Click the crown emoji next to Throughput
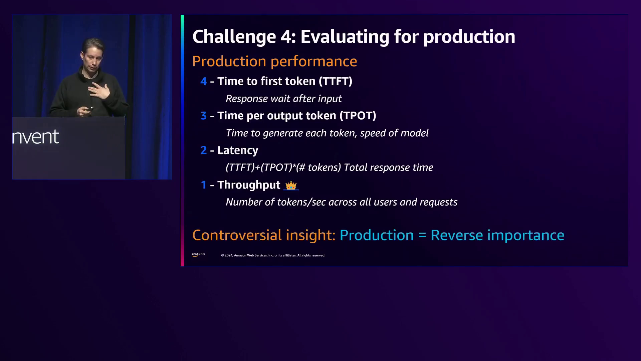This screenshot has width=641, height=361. [x=291, y=186]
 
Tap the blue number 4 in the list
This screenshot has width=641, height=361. [x=204, y=81]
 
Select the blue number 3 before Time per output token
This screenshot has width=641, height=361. [x=204, y=116]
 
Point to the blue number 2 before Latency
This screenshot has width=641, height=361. [x=204, y=150]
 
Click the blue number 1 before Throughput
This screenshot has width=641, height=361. [x=204, y=185]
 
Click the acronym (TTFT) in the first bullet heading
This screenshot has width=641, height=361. [x=336, y=81]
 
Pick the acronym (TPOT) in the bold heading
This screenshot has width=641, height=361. [x=358, y=116]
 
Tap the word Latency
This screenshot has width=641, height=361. [x=238, y=150]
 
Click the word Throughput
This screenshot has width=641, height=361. [x=249, y=185]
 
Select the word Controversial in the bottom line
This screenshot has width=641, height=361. [x=237, y=235]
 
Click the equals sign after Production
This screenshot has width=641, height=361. [x=422, y=235]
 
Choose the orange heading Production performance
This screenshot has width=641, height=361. [x=274, y=61]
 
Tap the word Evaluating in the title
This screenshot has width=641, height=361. [x=345, y=37]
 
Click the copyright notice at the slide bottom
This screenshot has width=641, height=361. [x=273, y=255]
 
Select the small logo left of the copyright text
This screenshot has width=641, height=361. [x=198, y=255]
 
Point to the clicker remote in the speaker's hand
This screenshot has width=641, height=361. [x=89, y=109]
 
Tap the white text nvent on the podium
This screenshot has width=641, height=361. [x=36, y=137]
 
